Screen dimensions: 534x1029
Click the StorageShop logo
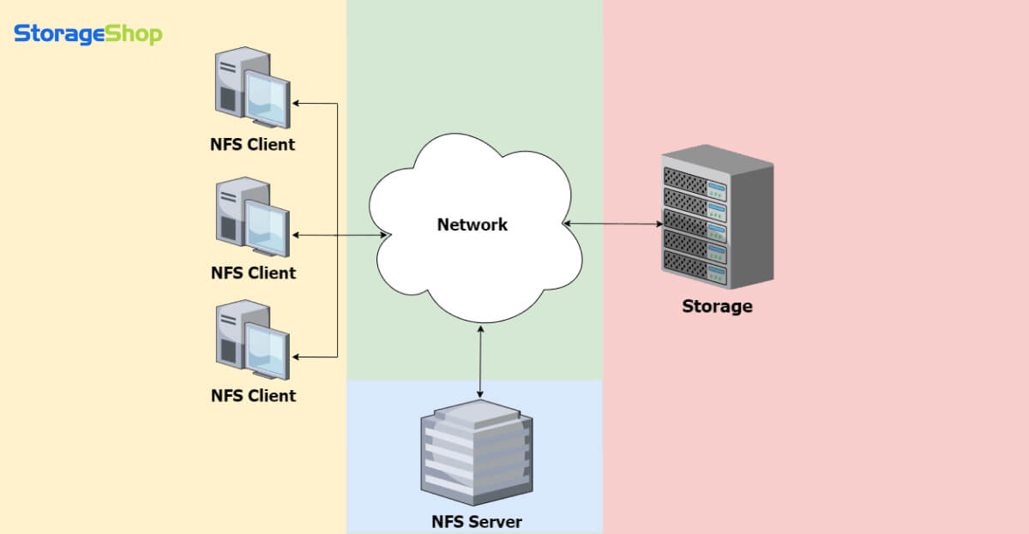[x=88, y=34]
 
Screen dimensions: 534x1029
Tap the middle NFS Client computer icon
[x=252, y=218]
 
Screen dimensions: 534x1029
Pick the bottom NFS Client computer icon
[x=252, y=340]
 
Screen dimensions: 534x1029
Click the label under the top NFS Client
[x=252, y=145]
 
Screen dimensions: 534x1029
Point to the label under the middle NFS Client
[x=253, y=273]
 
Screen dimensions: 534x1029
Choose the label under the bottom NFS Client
[x=253, y=396]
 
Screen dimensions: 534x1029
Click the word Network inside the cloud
[x=472, y=225]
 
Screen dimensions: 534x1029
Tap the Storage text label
[x=717, y=306]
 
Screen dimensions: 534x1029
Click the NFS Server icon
[x=477, y=449]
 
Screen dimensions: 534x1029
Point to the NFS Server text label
[x=477, y=521]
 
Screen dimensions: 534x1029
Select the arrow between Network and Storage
[x=613, y=225]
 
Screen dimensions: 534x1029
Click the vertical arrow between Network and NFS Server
[x=480, y=360]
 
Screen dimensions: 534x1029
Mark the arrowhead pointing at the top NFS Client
[x=297, y=104]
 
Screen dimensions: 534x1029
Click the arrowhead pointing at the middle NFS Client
[x=297, y=234]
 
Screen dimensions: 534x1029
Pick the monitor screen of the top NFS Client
[x=267, y=95]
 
